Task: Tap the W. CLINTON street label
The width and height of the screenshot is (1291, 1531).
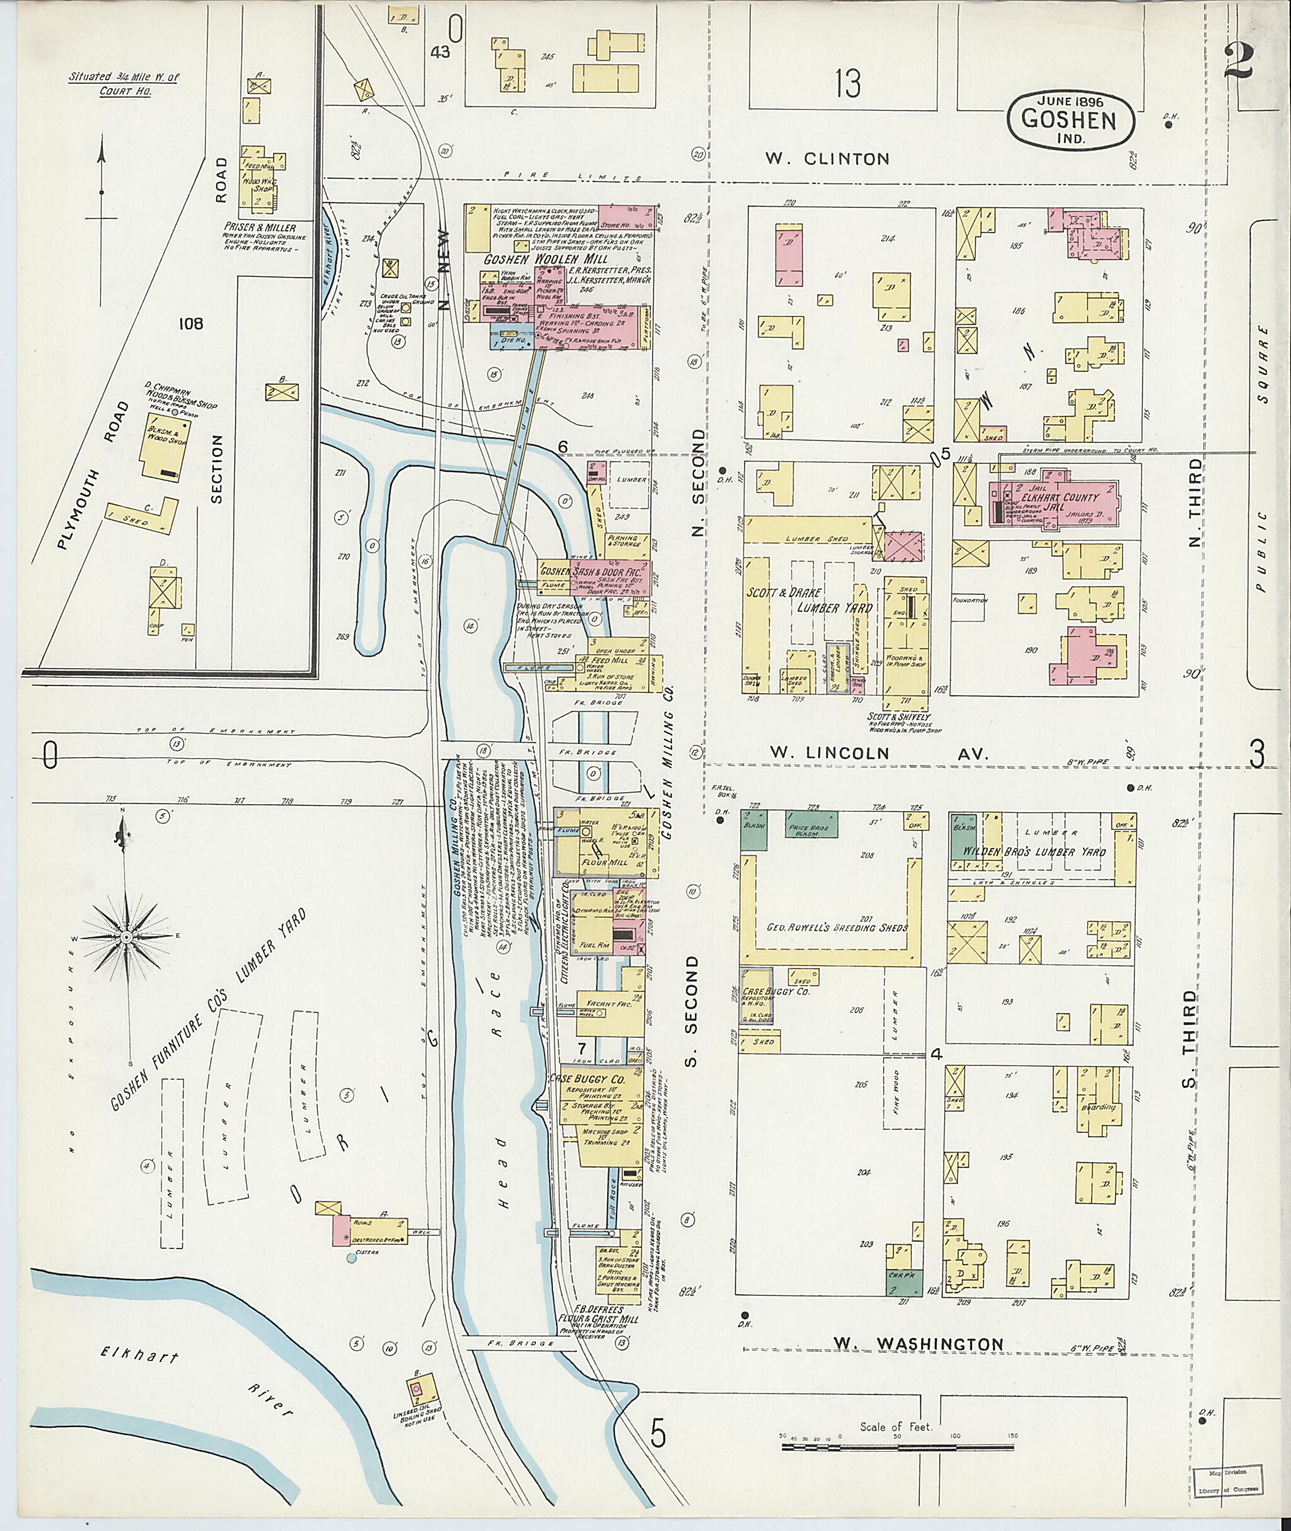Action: (x=827, y=158)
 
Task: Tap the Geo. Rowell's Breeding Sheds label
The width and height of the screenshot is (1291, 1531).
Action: (x=837, y=928)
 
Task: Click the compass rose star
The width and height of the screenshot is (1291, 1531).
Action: (x=127, y=937)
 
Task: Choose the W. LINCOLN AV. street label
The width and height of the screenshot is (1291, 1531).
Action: (x=878, y=754)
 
